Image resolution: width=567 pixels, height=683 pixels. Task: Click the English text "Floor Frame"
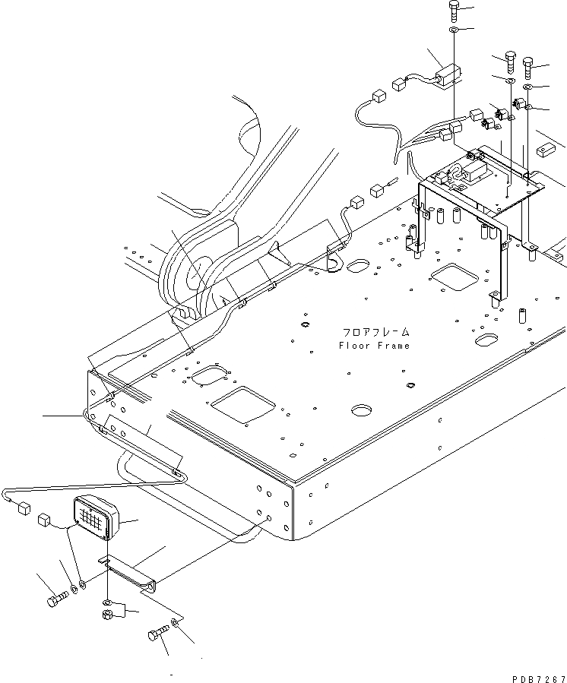pos(374,346)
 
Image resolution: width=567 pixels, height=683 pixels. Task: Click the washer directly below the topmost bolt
pos(454,30)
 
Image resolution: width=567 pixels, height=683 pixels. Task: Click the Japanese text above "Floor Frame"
pos(374,333)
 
